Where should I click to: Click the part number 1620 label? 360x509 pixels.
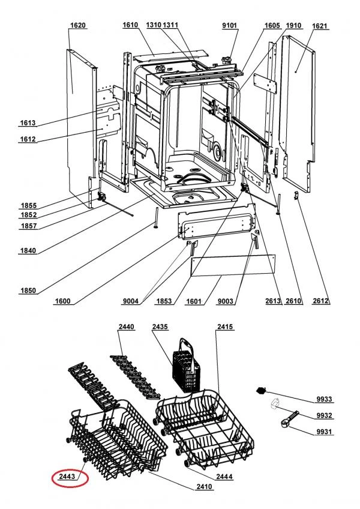click(x=78, y=25)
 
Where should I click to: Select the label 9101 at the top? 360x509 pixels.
click(x=230, y=25)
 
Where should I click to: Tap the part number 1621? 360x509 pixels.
click(x=320, y=26)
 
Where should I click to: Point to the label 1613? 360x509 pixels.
click(x=28, y=122)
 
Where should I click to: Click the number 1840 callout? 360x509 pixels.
click(x=28, y=250)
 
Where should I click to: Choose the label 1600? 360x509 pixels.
click(x=62, y=301)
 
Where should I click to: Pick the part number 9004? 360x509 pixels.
click(x=130, y=301)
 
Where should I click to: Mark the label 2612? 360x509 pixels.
click(x=320, y=301)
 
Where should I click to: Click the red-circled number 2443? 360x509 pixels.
click(x=67, y=477)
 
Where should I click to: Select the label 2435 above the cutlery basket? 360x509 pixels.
click(x=160, y=327)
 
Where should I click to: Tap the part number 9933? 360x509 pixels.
click(x=324, y=399)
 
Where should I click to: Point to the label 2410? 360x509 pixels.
click(x=204, y=486)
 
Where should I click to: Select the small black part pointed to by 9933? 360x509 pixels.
click(x=261, y=390)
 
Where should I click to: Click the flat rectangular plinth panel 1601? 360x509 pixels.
click(x=233, y=265)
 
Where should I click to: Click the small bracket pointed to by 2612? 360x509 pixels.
click(x=296, y=196)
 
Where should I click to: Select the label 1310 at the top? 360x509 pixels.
click(x=154, y=25)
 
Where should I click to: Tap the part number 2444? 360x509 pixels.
click(x=224, y=477)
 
